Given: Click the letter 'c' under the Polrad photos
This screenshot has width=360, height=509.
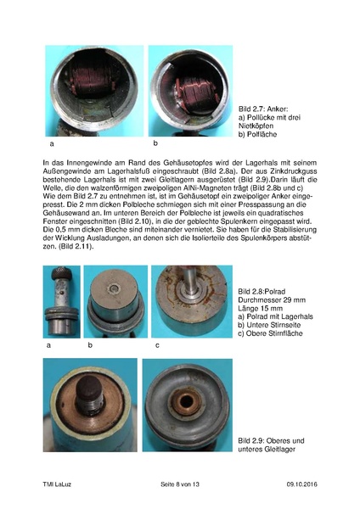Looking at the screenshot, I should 157,345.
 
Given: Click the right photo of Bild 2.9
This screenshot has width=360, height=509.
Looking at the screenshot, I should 188,406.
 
